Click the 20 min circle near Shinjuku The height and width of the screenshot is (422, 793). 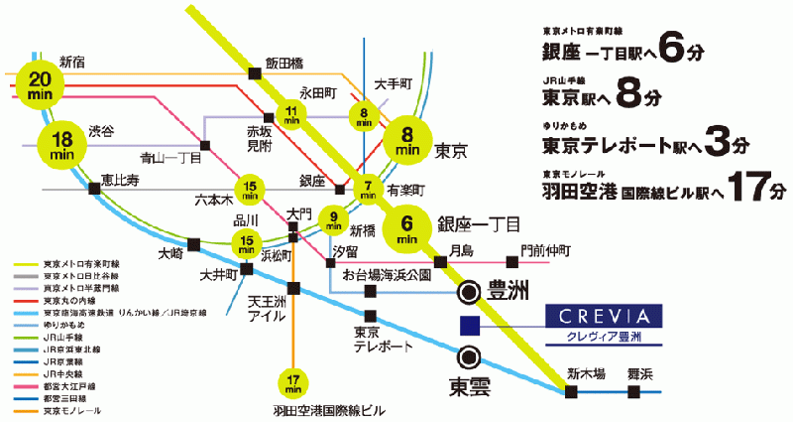click(42, 84)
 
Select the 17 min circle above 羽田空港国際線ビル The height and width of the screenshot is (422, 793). click(292, 381)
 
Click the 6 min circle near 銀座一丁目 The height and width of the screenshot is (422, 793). click(406, 230)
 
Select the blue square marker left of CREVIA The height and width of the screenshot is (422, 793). click(470, 325)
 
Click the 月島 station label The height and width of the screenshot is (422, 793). click(460, 249)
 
